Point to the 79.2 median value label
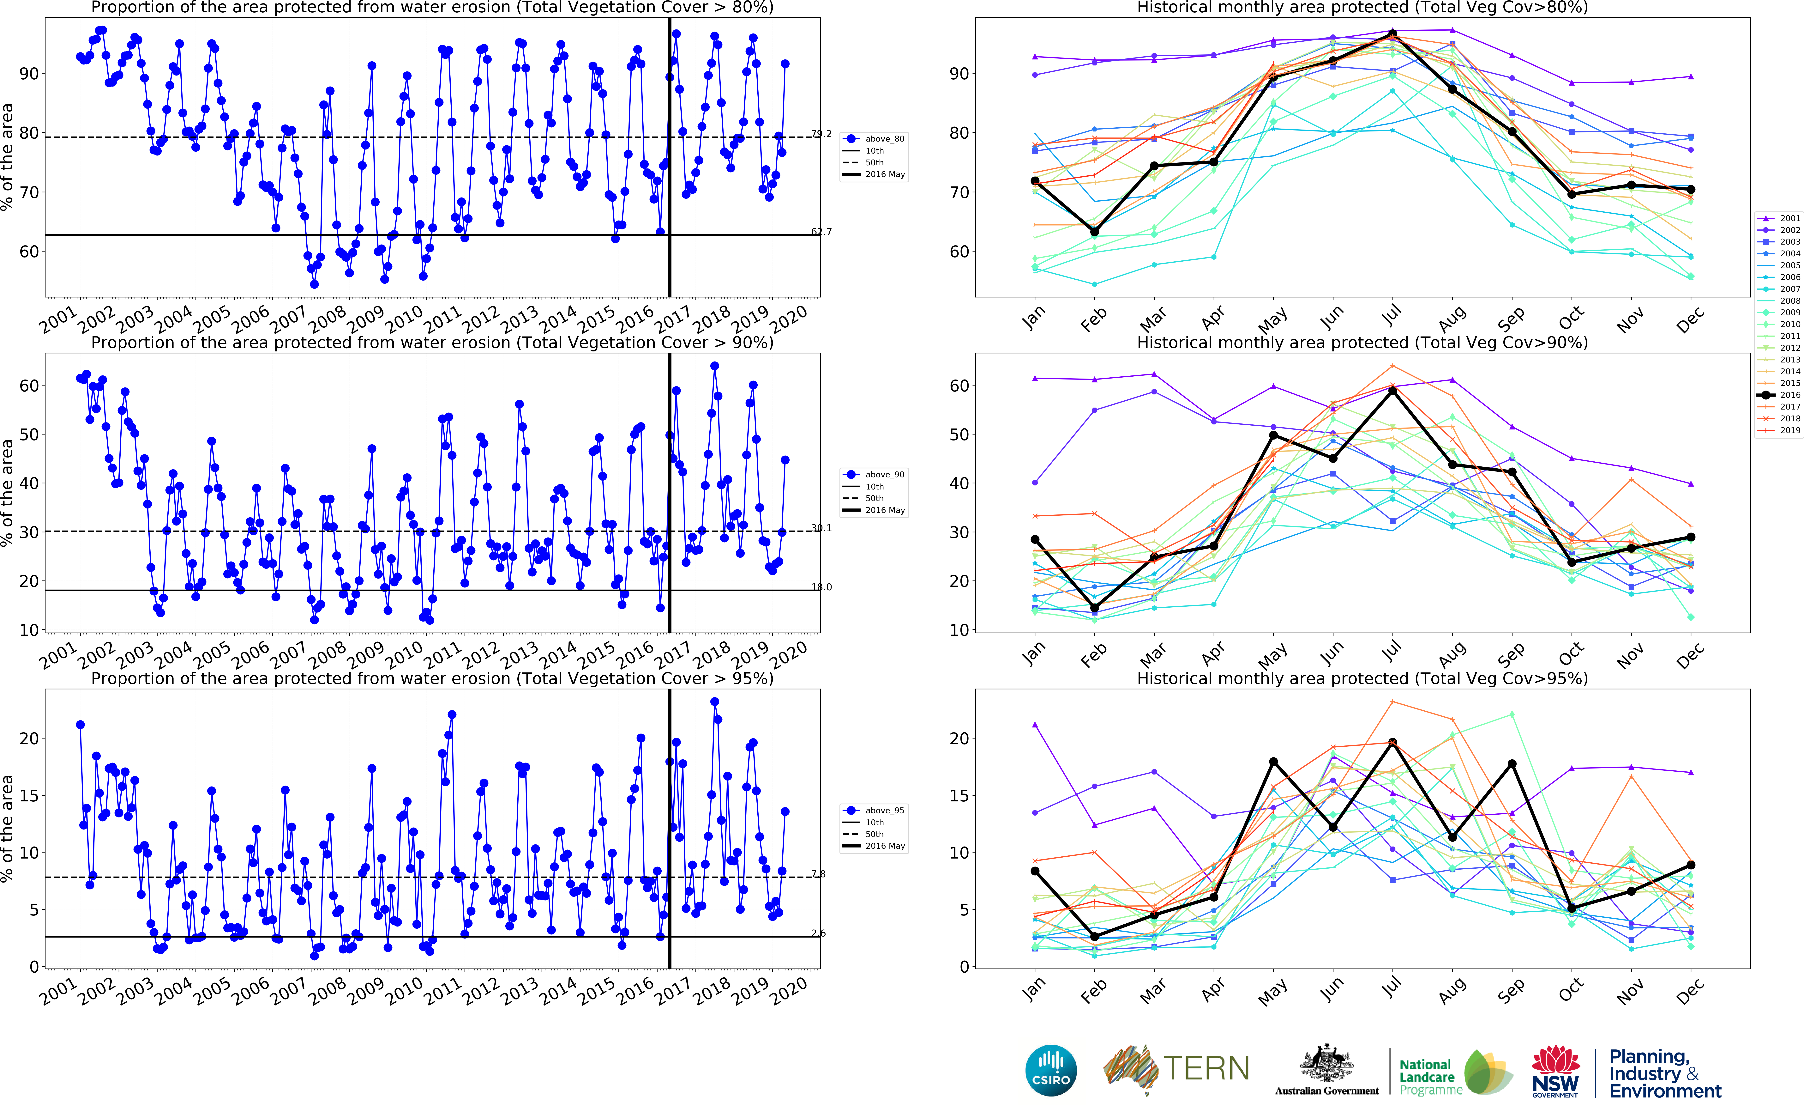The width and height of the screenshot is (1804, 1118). [821, 134]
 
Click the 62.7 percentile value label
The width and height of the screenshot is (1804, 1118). [821, 231]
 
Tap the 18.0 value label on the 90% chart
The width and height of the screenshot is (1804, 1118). [821, 587]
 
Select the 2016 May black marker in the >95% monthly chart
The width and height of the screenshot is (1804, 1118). [1273, 762]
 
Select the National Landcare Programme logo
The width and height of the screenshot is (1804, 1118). [1452, 1072]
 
